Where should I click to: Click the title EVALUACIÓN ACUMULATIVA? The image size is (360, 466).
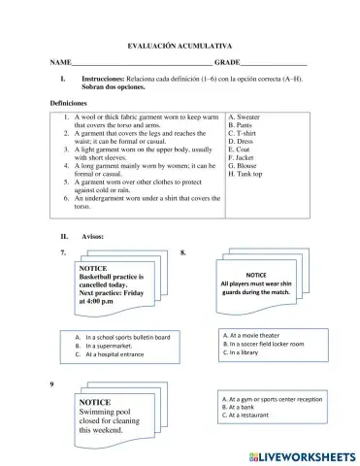(x=180, y=46)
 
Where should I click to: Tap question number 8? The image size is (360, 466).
(x=183, y=252)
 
